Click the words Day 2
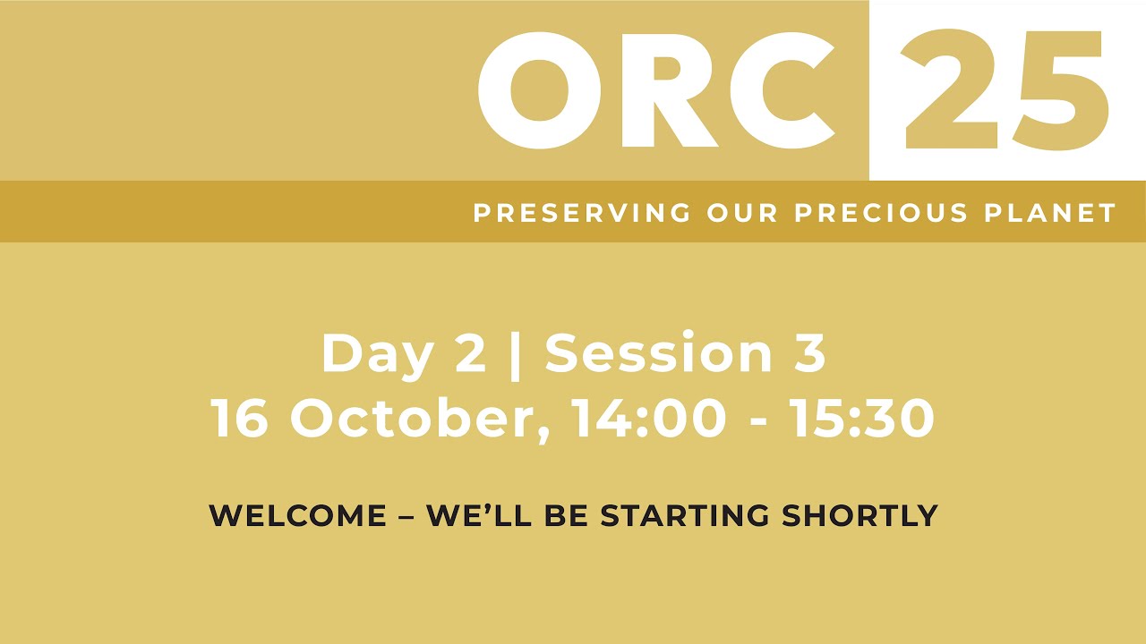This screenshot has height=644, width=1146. point(403,354)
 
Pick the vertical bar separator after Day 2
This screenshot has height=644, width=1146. point(516,355)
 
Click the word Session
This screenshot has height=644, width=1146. point(657,353)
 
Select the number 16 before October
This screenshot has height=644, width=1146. point(240,418)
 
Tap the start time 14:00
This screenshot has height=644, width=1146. point(650,418)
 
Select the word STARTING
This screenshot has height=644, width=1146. point(685,515)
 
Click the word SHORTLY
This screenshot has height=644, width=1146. point(859,515)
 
